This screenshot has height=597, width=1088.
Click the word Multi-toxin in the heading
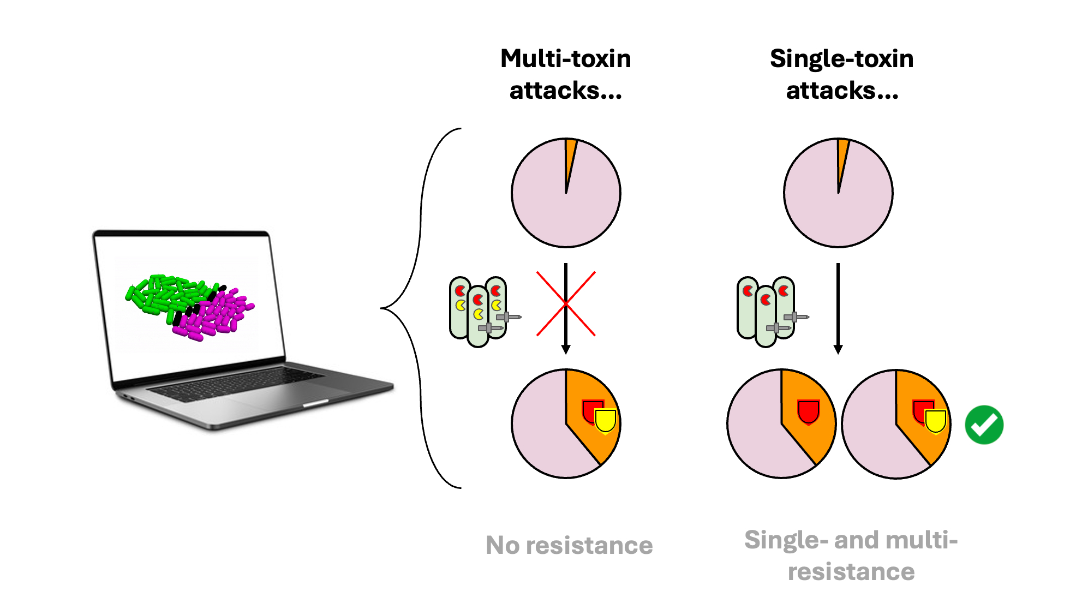pyautogui.click(x=565, y=58)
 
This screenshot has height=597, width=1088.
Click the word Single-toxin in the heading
pyautogui.click(x=841, y=58)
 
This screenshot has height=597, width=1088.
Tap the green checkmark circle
pyautogui.click(x=984, y=425)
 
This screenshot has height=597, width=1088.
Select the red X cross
pyautogui.click(x=566, y=303)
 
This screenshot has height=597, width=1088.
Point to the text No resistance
pyautogui.click(x=569, y=545)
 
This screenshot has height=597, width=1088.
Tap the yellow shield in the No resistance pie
pyautogui.click(x=605, y=421)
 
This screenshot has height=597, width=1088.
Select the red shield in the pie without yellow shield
pyautogui.click(x=808, y=411)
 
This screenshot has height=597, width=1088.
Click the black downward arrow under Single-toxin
pyautogui.click(x=838, y=308)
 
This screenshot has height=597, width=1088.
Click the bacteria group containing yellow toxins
pyautogui.click(x=478, y=312)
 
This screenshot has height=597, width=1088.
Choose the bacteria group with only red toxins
pyautogui.click(x=766, y=312)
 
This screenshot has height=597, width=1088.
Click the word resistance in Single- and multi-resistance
pyautogui.click(x=851, y=571)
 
